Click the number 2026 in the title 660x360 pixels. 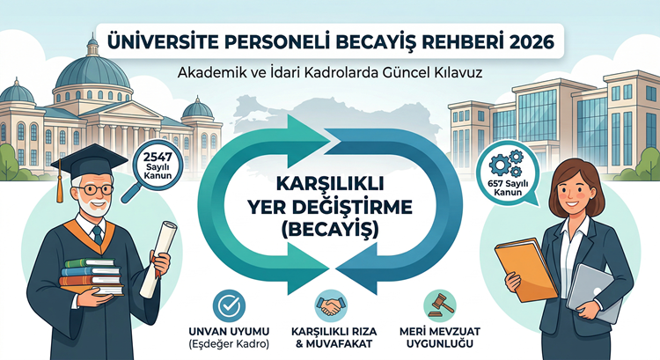point(525,40)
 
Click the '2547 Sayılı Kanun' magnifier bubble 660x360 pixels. point(154,165)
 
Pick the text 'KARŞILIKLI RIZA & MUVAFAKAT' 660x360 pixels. point(330,335)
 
